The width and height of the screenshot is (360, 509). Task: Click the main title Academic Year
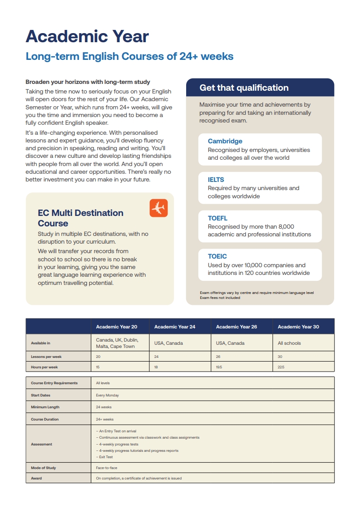tap(87, 36)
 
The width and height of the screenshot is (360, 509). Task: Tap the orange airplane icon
tap(158, 208)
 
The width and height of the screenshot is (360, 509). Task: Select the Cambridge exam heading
tap(225, 141)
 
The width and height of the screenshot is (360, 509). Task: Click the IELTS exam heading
tap(216, 180)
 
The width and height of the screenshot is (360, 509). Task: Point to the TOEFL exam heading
tap(217, 218)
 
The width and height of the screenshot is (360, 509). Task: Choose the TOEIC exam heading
tap(217, 256)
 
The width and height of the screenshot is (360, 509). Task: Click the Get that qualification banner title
tap(244, 88)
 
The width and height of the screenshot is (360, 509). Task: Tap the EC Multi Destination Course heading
tap(80, 218)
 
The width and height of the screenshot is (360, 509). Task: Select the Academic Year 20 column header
tap(117, 327)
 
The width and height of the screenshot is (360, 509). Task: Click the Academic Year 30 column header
tap(298, 327)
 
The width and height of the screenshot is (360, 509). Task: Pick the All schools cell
tap(289, 343)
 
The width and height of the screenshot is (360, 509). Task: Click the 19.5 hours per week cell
tap(219, 367)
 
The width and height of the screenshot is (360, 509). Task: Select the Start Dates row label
tap(40, 395)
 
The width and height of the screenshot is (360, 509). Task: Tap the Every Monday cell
tap(107, 395)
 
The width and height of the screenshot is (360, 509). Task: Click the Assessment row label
tap(41, 444)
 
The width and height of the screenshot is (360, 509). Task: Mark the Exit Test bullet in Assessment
tap(105, 457)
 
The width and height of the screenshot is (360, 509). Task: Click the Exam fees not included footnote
tap(220, 298)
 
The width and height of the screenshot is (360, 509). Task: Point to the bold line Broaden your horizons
tap(88, 82)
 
